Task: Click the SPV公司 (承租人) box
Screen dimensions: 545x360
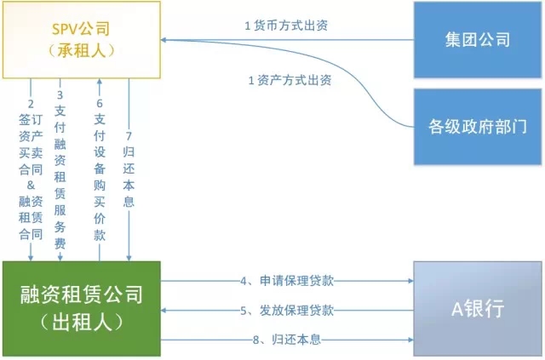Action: pyautogui.click(x=82, y=40)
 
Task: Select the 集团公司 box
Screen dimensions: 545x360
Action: pyautogui.click(x=478, y=40)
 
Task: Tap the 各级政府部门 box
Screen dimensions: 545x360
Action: pyautogui.click(x=478, y=127)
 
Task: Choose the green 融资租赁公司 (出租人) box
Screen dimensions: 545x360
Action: pyautogui.click(x=82, y=309)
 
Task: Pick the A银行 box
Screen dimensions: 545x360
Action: pyautogui.click(x=478, y=309)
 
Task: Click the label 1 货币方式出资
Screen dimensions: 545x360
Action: pyautogui.click(x=286, y=26)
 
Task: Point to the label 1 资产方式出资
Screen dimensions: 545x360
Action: pyautogui.click(x=290, y=80)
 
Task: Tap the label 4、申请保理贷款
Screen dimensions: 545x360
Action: pyautogui.click(x=287, y=280)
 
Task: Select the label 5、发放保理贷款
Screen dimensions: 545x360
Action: pyautogui.click(x=287, y=310)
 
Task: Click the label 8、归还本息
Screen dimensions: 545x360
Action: pyautogui.click(x=287, y=340)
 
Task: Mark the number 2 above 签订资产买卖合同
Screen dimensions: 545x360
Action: pyautogui.click(x=31, y=104)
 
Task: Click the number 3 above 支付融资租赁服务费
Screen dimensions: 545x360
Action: pyautogui.click(x=60, y=94)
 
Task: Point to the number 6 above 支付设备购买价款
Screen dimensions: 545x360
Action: pyautogui.click(x=100, y=103)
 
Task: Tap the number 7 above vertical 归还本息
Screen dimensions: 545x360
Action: pyautogui.click(x=129, y=135)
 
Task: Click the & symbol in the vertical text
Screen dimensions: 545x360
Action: pyautogui.click(x=31, y=185)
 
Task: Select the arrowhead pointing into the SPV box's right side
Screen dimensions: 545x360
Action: pyautogui.click(x=163, y=40)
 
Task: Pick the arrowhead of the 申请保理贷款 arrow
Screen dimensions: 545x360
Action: pyautogui.click(x=411, y=280)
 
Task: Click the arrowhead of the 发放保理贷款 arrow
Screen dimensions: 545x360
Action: pyautogui.click(x=163, y=310)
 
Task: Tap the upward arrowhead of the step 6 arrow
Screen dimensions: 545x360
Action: pyautogui.click(x=100, y=82)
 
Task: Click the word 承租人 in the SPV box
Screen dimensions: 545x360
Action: pyautogui.click(x=82, y=51)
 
